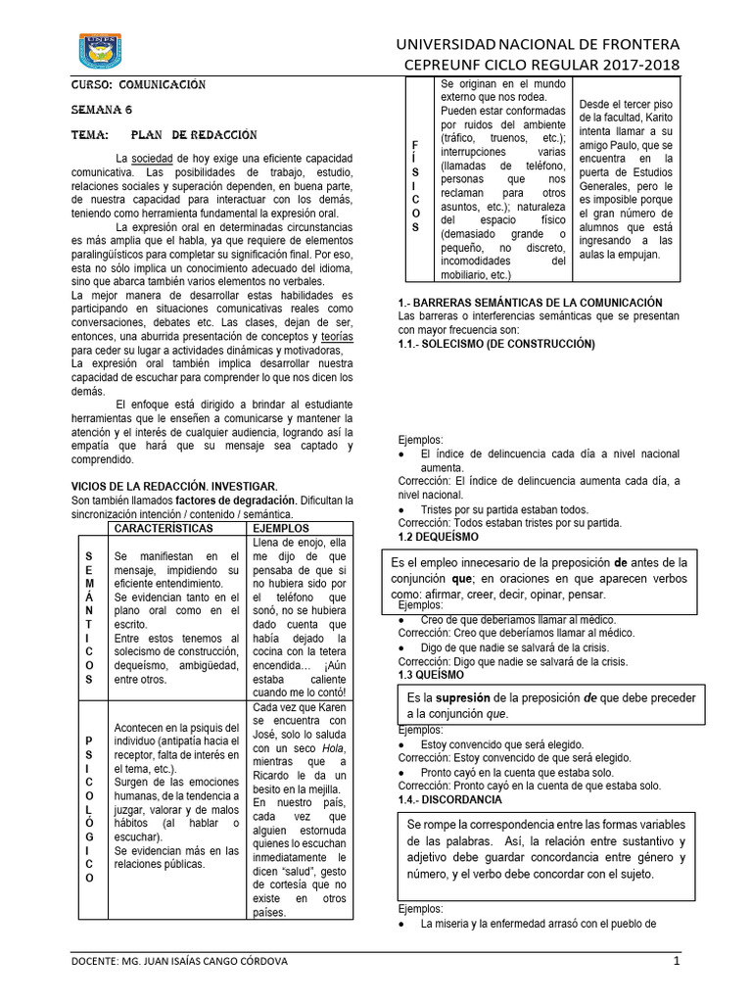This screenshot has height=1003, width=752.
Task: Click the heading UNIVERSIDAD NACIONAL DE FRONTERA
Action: [x=536, y=45]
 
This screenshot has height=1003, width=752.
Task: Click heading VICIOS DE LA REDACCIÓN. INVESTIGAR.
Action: [x=174, y=486]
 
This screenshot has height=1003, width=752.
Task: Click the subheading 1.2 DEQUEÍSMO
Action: [x=438, y=537]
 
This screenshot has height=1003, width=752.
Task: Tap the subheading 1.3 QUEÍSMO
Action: [x=432, y=675]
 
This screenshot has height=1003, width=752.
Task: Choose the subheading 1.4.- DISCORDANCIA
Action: [x=450, y=799]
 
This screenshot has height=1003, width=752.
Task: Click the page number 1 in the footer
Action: [x=676, y=961]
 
